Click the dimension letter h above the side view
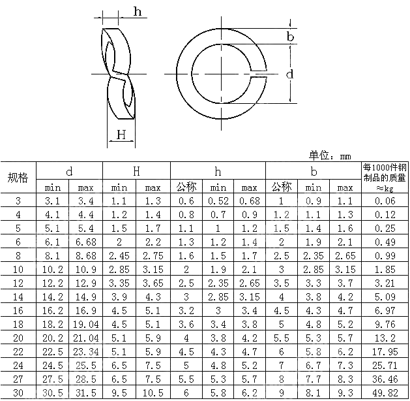point(138,12)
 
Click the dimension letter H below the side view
point(121,135)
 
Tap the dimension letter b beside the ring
point(290,36)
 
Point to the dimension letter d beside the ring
point(289,74)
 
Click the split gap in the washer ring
point(259,74)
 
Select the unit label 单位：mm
point(330,155)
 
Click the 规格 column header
point(18,178)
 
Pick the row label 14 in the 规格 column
point(18,297)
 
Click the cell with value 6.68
point(86,242)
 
